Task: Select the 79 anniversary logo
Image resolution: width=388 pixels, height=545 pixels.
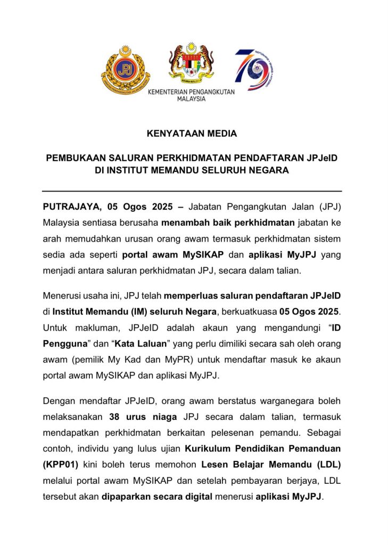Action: (x=254, y=70)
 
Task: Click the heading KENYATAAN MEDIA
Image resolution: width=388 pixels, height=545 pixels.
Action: (x=192, y=134)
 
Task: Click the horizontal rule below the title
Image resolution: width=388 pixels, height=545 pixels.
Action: (x=192, y=191)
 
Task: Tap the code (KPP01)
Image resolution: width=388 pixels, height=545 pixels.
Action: (x=61, y=464)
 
